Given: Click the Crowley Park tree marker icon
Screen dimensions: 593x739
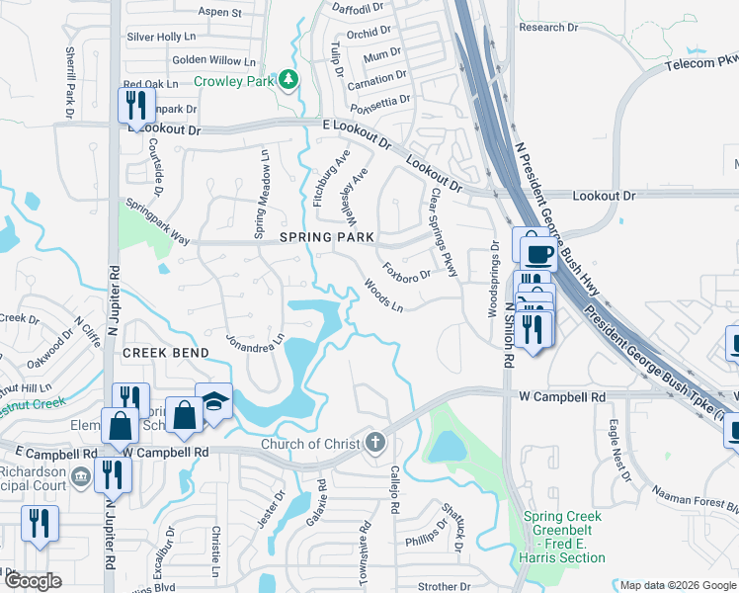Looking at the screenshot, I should click(x=287, y=79).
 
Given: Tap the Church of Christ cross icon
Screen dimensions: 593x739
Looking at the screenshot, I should click(x=374, y=442).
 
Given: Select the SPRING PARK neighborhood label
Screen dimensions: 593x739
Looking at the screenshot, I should click(x=327, y=237).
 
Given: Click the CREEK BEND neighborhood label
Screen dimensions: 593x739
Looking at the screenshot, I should click(x=166, y=353).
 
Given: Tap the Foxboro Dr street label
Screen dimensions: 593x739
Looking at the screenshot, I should click(x=407, y=270).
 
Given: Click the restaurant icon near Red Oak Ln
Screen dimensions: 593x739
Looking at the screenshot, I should click(x=134, y=105).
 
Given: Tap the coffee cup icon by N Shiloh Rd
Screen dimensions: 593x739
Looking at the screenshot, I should click(x=537, y=254).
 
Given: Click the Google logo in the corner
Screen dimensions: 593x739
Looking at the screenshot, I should click(x=33, y=581).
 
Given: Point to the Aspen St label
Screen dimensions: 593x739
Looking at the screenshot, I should click(x=220, y=13).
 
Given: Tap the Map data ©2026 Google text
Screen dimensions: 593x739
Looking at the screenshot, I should click(x=676, y=584).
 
